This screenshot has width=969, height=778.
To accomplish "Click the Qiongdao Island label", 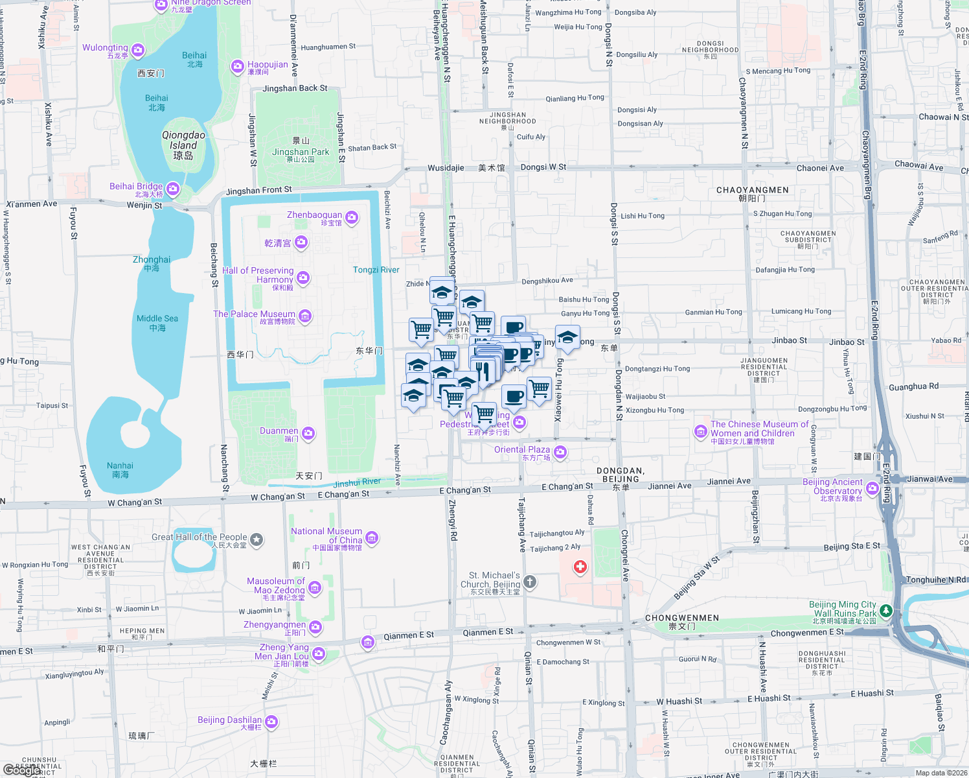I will tap(183, 141).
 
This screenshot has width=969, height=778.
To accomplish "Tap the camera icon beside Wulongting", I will tap(138, 50).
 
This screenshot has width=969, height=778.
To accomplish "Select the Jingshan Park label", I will tap(301, 152).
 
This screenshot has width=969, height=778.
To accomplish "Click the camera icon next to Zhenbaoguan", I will tap(352, 217).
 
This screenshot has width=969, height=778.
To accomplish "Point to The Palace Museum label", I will tap(254, 314).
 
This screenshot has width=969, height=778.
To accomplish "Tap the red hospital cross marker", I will tap(580, 567).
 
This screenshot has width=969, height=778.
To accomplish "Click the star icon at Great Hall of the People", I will tap(256, 539).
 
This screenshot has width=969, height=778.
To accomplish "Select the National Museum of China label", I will tap(326, 536).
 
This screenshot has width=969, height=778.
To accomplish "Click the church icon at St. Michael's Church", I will tap(530, 582).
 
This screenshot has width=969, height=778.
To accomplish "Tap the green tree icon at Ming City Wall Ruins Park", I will tap(886, 611).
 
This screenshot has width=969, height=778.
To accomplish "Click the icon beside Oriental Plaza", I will tap(560, 452).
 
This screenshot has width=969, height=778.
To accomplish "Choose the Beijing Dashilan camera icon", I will tap(271, 721).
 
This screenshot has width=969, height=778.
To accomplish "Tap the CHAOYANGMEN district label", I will tap(752, 190).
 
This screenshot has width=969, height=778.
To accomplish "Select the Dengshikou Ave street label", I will tap(547, 281).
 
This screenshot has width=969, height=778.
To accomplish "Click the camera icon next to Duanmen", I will tap(308, 433).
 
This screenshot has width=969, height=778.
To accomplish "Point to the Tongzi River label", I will tap(376, 270).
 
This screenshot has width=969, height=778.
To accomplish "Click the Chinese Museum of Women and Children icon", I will tap(700, 431).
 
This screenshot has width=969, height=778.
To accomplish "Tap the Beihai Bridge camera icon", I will tap(173, 189).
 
